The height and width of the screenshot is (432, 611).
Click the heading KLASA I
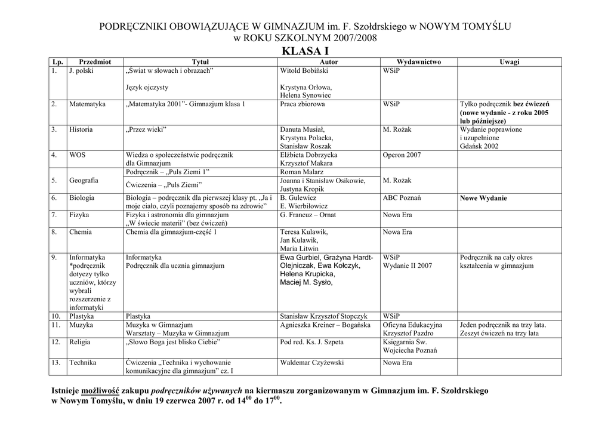point(305,51)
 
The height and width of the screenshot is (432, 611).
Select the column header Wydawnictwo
point(419,61)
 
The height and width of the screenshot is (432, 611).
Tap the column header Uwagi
point(510,61)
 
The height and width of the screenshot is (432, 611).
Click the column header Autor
point(329,61)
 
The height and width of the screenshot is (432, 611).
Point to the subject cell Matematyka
point(87,104)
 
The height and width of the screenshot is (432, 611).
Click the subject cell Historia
point(81,129)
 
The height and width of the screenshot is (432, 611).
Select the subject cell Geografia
point(84,180)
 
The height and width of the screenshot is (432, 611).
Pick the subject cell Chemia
point(81,232)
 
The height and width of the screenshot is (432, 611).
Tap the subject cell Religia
point(81,342)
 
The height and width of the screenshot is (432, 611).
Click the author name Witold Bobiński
point(304,70)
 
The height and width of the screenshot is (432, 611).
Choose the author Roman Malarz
point(302,172)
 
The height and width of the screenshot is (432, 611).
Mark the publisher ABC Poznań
point(402,198)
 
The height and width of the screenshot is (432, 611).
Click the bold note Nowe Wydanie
point(483,198)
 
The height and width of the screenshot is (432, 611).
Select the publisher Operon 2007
point(402,155)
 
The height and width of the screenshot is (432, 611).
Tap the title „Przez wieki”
point(146,129)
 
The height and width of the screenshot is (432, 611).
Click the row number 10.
point(56,316)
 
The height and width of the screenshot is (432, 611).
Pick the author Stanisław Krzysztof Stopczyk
point(323,316)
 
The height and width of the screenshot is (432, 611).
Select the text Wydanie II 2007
point(408,266)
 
